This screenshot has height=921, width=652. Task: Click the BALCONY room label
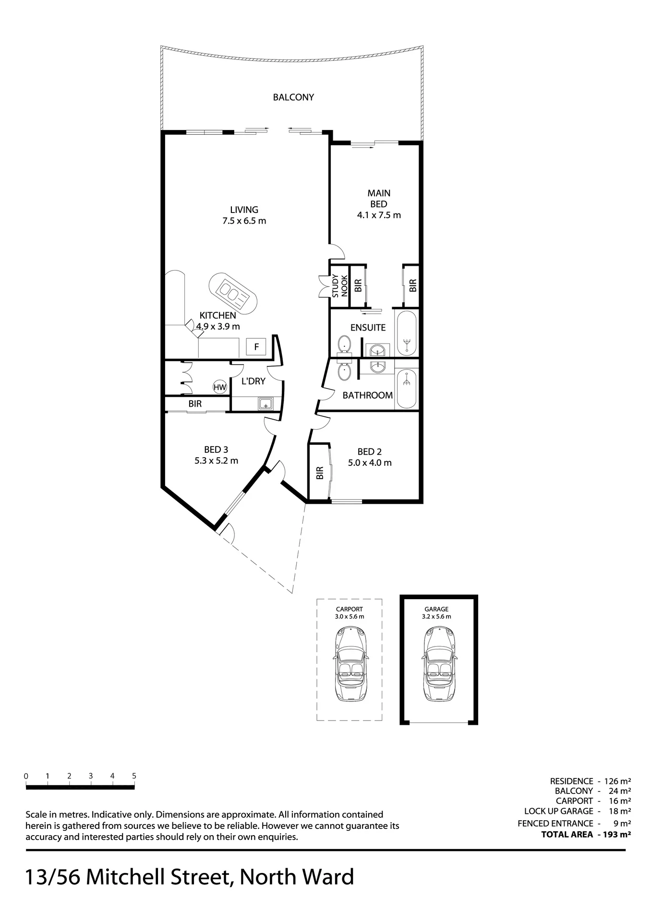[x=293, y=97]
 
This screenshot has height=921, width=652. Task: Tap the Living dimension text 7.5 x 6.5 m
[x=244, y=221]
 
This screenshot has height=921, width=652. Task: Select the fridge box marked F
[x=256, y=346]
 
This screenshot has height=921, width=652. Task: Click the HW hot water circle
[x=220, y=387]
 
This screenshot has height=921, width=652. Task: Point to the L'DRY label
[x=253, y=381]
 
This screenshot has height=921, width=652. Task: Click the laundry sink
[x=266, y=404]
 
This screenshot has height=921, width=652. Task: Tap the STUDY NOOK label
[x=340, y=286]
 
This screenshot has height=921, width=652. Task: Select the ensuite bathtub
[x=407, y=333]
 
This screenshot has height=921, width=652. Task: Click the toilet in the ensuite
[x=344, y=344]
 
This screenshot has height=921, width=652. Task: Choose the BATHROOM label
[x=368, y=395]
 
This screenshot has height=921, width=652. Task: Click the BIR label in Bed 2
[x=320, y=473]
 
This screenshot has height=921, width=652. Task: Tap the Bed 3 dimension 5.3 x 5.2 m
[x=216, y=461]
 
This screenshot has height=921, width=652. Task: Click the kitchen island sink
[x=233, y=294]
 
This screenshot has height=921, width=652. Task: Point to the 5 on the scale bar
[x=134, y=776]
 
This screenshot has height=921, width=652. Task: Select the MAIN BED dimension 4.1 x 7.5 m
[x=379, y=215]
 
